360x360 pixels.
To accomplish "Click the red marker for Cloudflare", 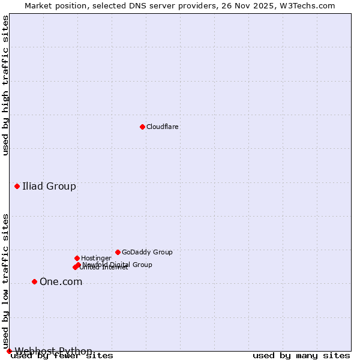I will (x=142, y=127).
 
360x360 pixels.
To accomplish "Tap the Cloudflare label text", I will (x=163, y=127).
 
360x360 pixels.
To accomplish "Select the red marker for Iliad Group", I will (x=17, y=186).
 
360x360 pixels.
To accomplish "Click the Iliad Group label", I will (x=49, y=186).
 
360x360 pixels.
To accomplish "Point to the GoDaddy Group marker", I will (x=118, y=252).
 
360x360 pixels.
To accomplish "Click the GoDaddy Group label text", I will (x=147, y=252).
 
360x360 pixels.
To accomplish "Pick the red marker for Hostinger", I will (x=77, y=258).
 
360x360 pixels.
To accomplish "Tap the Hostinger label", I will (x=97, y=258).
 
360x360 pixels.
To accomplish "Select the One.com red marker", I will (x=34, y=281).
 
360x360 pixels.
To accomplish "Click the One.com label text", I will (x=61, y=282).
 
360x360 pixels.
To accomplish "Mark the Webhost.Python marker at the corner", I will (x=9, y=351).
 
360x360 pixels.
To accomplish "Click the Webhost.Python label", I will (x=53, y=351).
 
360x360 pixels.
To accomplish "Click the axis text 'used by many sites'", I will (x=301, y=356).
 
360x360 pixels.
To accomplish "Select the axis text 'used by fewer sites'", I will (x=62, y=356).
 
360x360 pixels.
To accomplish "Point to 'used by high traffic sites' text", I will (x=6, y=85).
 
